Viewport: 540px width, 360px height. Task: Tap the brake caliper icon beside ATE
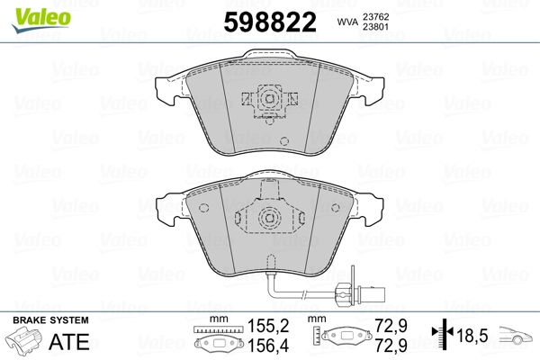pos(26,343)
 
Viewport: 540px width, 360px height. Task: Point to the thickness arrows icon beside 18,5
pos(439,337)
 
